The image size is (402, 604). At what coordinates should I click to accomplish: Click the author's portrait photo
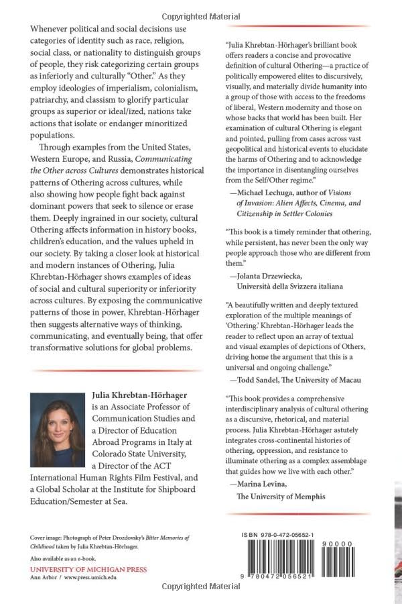pos(57,430)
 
